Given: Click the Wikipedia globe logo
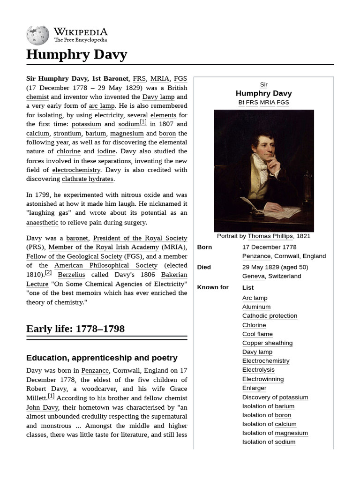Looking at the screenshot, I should click(x=37, y=35).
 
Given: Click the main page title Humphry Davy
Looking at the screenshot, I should click(x=76, y=54).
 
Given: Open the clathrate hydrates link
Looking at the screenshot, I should click(x=87, y=179).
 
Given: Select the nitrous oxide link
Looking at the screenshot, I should click(x=140, y=195).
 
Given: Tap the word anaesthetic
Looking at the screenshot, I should click(x=42, y=223).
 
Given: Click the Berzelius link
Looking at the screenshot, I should click(x=71, y=275).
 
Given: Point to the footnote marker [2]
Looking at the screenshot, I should click(x=48, y=273).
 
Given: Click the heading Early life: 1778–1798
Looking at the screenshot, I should click(x=75, y=329).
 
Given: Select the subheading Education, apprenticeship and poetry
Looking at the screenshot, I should click(x=102, y=358).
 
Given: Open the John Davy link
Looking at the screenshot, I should click(x=42, y=407).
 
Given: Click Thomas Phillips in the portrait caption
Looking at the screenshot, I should click(x=270, y=236).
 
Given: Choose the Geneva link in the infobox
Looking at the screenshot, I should click(x=254, y=276).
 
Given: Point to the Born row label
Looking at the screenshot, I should click(x=204, y=247).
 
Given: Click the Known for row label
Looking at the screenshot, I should click(x=213, y=287).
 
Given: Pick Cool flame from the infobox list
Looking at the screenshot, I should click(x=257, y=334).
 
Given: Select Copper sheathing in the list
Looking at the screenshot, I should click(x=267, y=343).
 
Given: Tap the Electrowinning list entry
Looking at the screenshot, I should click(x=262, y=379).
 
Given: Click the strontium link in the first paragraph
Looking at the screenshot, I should click(x=67, y=133).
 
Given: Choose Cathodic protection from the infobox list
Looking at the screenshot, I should click(x=270, y=316).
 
